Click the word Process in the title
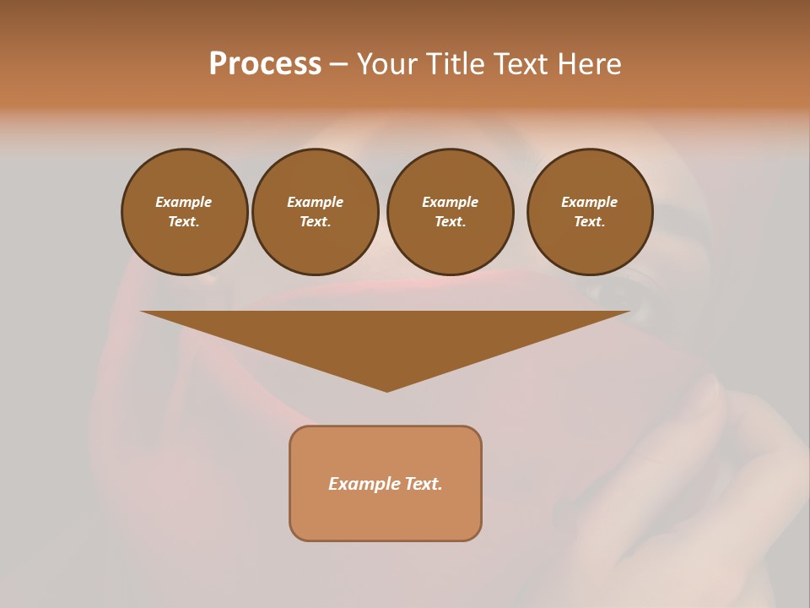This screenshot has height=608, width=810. pyautogui.click(x=265, y=64)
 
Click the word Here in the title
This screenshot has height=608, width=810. pyautogui.click(x=590, y=64)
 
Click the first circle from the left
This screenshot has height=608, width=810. pyautogui.click(x=184, y=211)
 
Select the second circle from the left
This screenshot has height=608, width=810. pyautogui.click(x=315, y=211)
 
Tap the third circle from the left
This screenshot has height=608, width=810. pyautogui.click(x=450, y=211)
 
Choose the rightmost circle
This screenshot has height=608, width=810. pyautogui.click(x=589, y=211)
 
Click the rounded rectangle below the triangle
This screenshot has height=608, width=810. pyautogui.click(x=386, y=507)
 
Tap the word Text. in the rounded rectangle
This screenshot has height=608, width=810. pyautogui.click(x=424, y=484)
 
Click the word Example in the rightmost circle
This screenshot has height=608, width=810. pyautogui.click(x=589, y=202)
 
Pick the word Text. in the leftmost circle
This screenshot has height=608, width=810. pyautogui.click(x=184, y=221)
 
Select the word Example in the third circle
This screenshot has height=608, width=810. pyautogui.click(x=450, y=202)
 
